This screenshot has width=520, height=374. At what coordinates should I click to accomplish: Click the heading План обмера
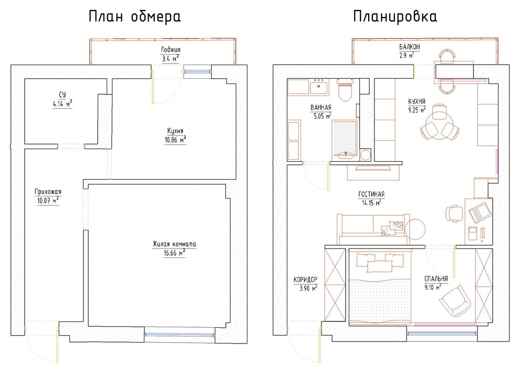point(134,17)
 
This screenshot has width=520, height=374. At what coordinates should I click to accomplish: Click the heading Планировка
point(394,17)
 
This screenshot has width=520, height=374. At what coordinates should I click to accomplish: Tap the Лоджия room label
point(171,50)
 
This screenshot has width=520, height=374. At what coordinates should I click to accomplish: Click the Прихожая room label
point(48,192)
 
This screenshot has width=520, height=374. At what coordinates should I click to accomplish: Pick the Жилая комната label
point(174,244)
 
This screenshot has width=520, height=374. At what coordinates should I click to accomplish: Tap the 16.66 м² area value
point(174,253)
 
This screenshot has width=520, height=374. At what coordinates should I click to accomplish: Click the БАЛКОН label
point(409,47)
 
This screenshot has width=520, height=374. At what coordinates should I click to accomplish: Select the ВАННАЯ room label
point(321,108)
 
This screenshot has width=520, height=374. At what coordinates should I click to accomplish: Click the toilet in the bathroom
point(345,92)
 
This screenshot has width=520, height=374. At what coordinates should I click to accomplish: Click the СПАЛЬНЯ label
point(436,279)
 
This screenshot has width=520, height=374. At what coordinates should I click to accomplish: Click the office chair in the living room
point(453,213)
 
